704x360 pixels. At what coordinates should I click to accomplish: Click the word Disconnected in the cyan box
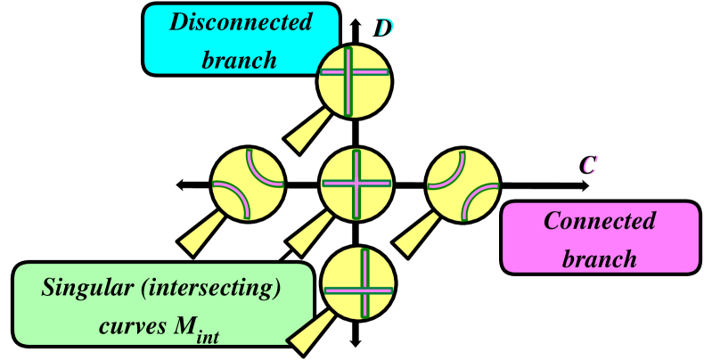241,22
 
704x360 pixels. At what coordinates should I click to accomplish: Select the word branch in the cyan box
240,60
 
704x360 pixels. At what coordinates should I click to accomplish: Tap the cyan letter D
385,28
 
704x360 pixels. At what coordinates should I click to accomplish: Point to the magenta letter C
590,165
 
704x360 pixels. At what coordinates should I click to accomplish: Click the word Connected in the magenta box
599,220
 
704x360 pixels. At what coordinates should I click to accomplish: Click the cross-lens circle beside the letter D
354,81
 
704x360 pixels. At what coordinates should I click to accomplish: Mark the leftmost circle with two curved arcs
248,184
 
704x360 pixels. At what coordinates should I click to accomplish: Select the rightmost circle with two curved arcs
463,184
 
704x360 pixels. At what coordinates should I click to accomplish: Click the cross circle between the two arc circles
356,184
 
